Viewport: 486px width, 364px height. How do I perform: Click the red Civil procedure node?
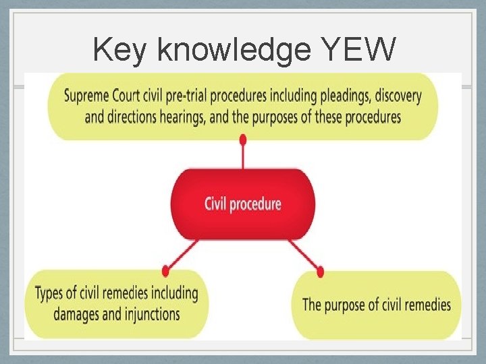click(x=243, y=204)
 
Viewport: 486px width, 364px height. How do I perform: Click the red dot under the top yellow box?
click(x=243, y=140)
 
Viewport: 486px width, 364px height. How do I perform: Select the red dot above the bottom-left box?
click(x=165, y=270)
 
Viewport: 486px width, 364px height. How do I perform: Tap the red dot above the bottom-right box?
click(x=320, y=272)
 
